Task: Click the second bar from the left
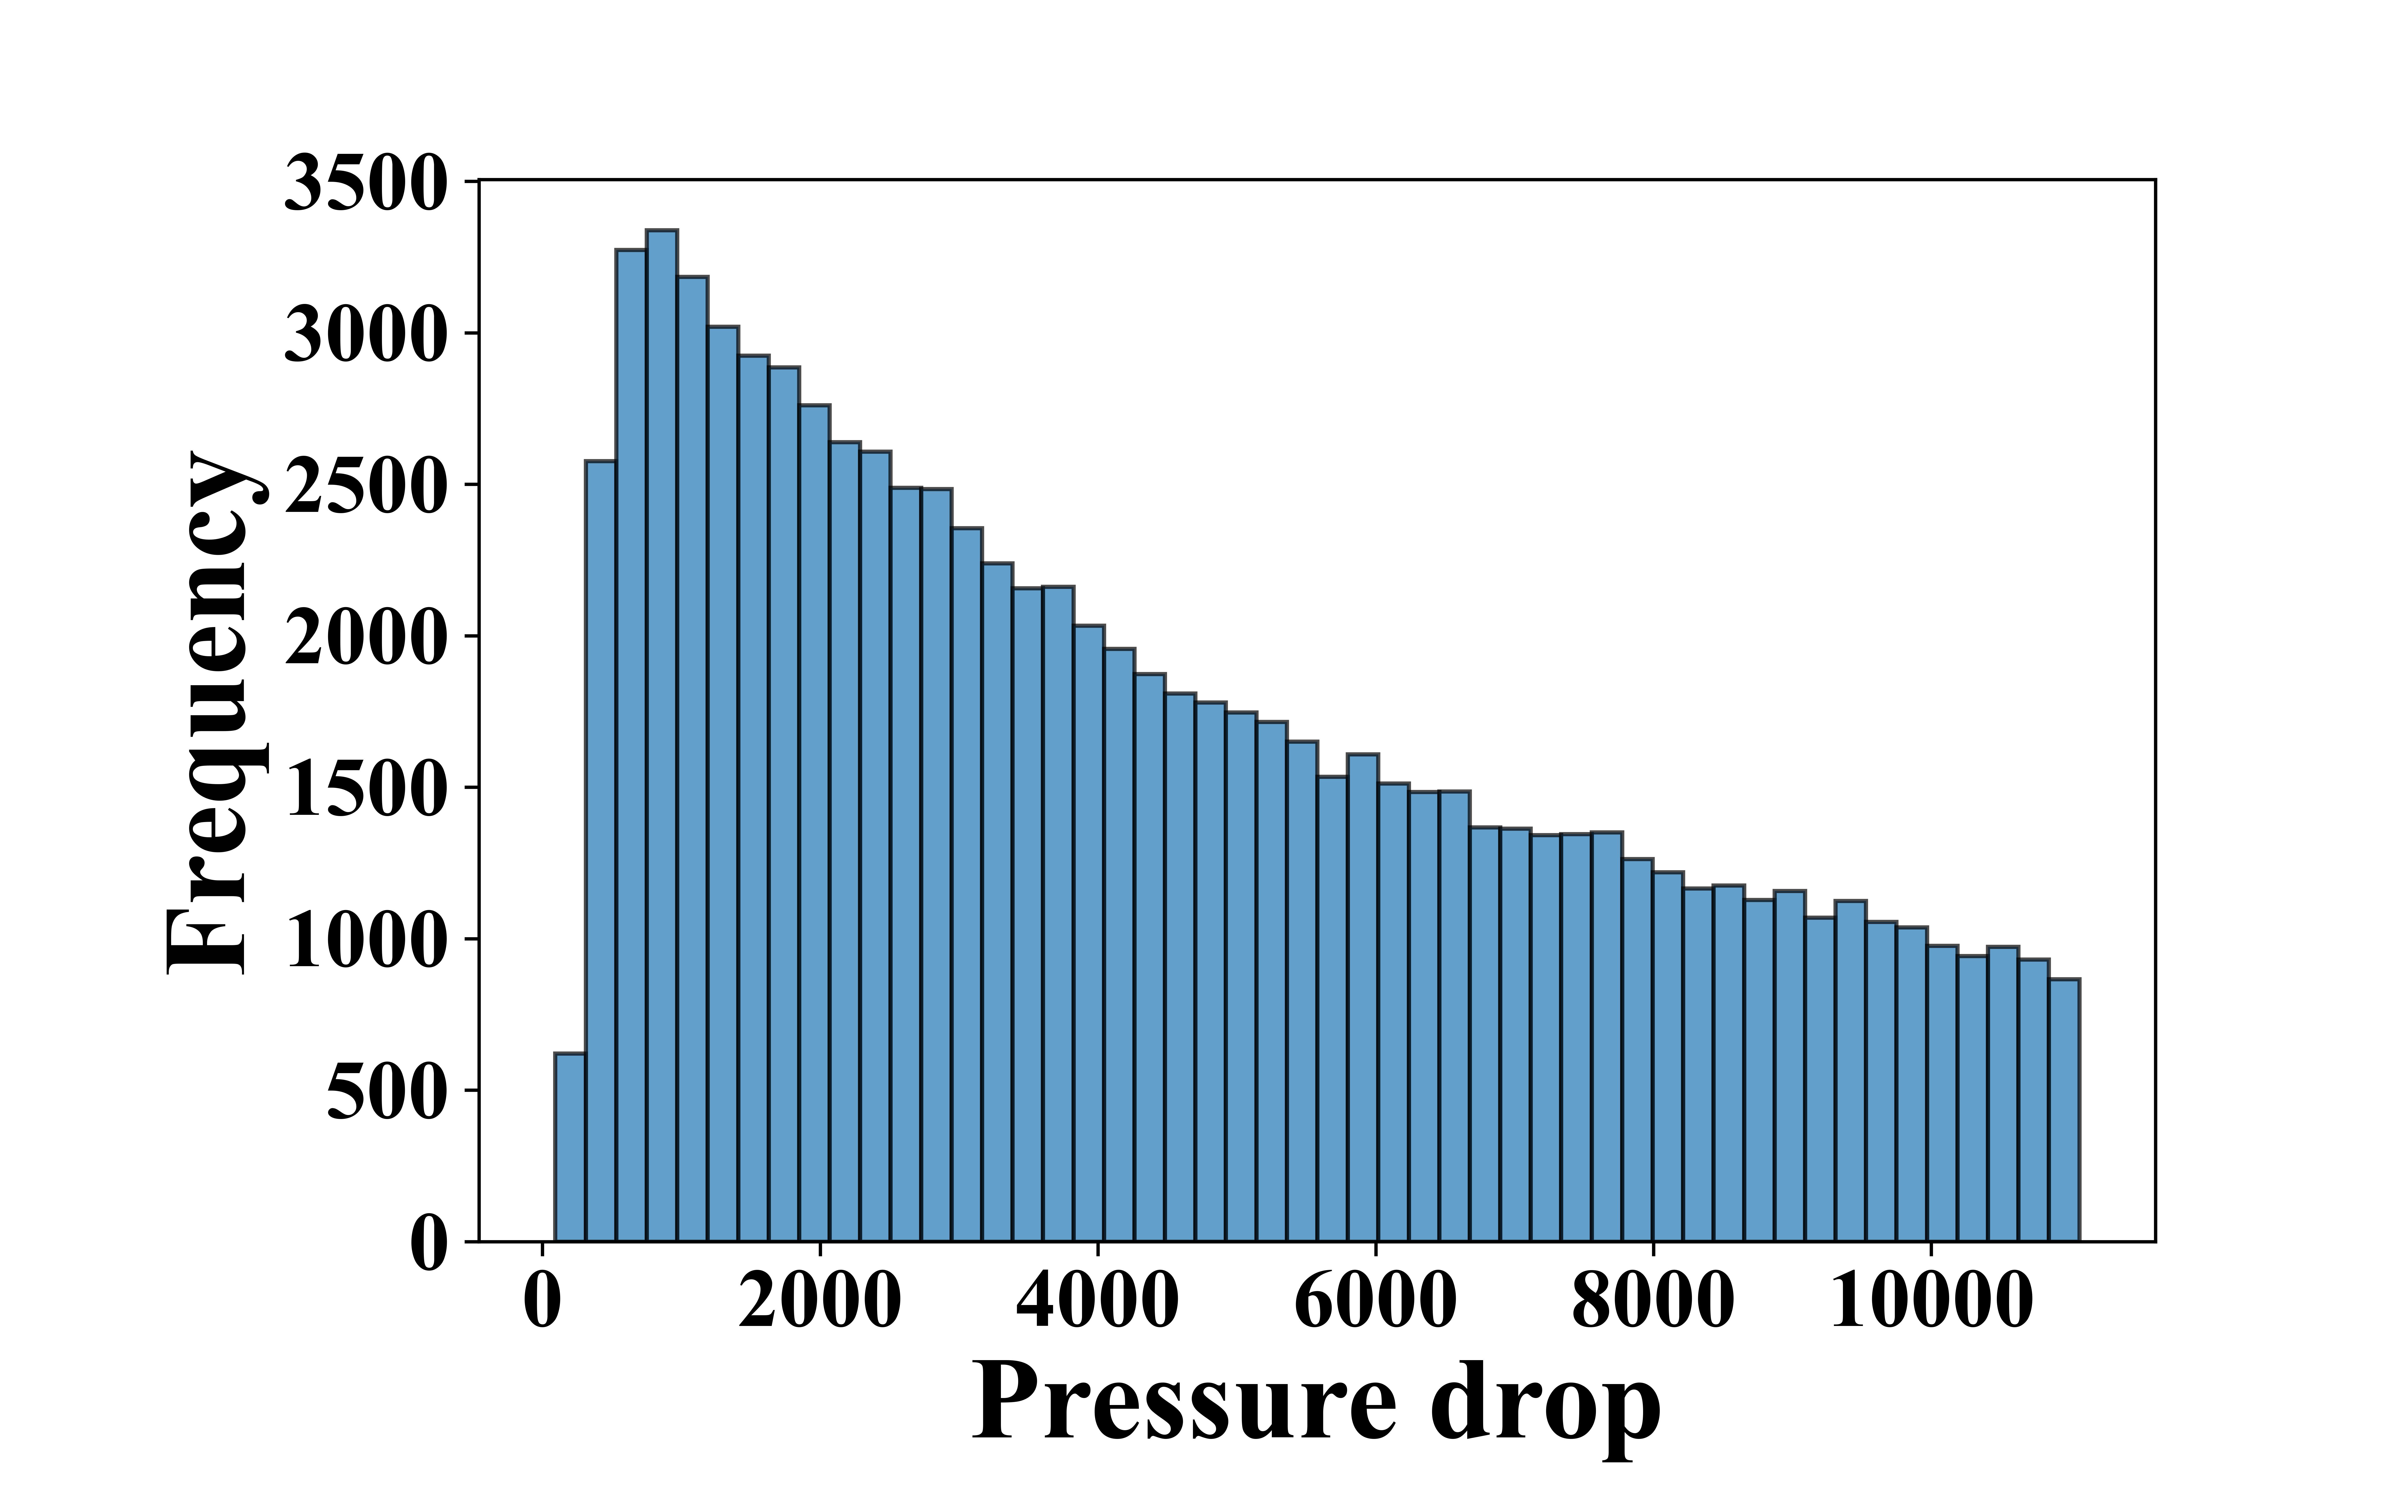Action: click(601, 851)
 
